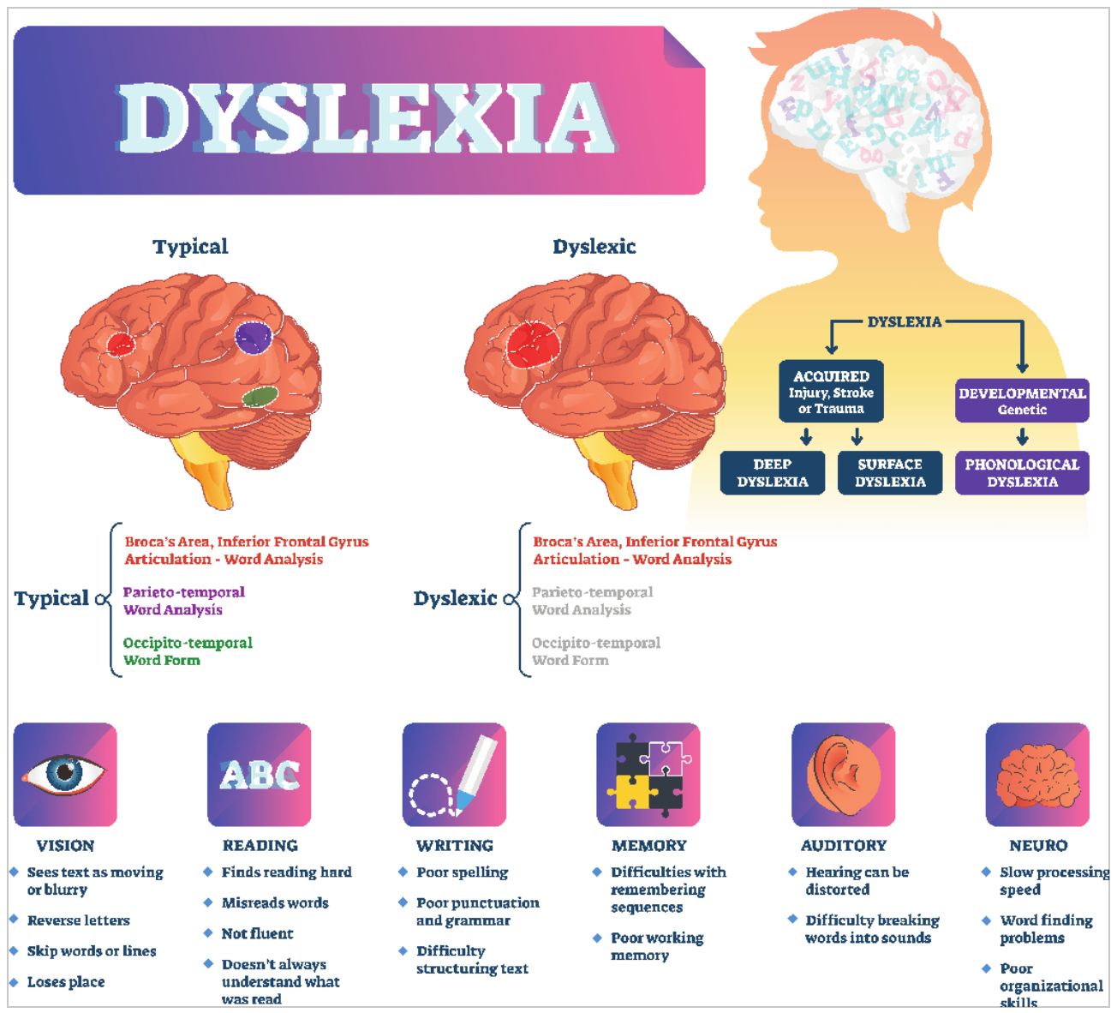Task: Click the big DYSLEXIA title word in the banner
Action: [367, 118]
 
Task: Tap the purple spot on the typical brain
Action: [254, 337]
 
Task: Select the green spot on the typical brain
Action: [260, 396]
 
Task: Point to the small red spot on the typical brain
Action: [121, 344]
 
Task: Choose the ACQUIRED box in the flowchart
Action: [831, 391]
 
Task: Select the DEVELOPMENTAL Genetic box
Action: [1022, 400]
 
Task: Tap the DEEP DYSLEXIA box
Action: [773, 472]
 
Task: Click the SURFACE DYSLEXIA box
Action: [890, 472]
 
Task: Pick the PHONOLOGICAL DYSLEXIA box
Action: [1022, 472]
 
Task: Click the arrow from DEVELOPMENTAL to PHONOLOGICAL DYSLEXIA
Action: [1022, 436]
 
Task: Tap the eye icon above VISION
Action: [65, 775]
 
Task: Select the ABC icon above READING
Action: [260, 775]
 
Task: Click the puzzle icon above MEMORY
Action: [648, 775]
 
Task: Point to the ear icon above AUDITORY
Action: [843, 775]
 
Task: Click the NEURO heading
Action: [1038, 845]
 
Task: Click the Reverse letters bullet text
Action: [79, 920]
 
